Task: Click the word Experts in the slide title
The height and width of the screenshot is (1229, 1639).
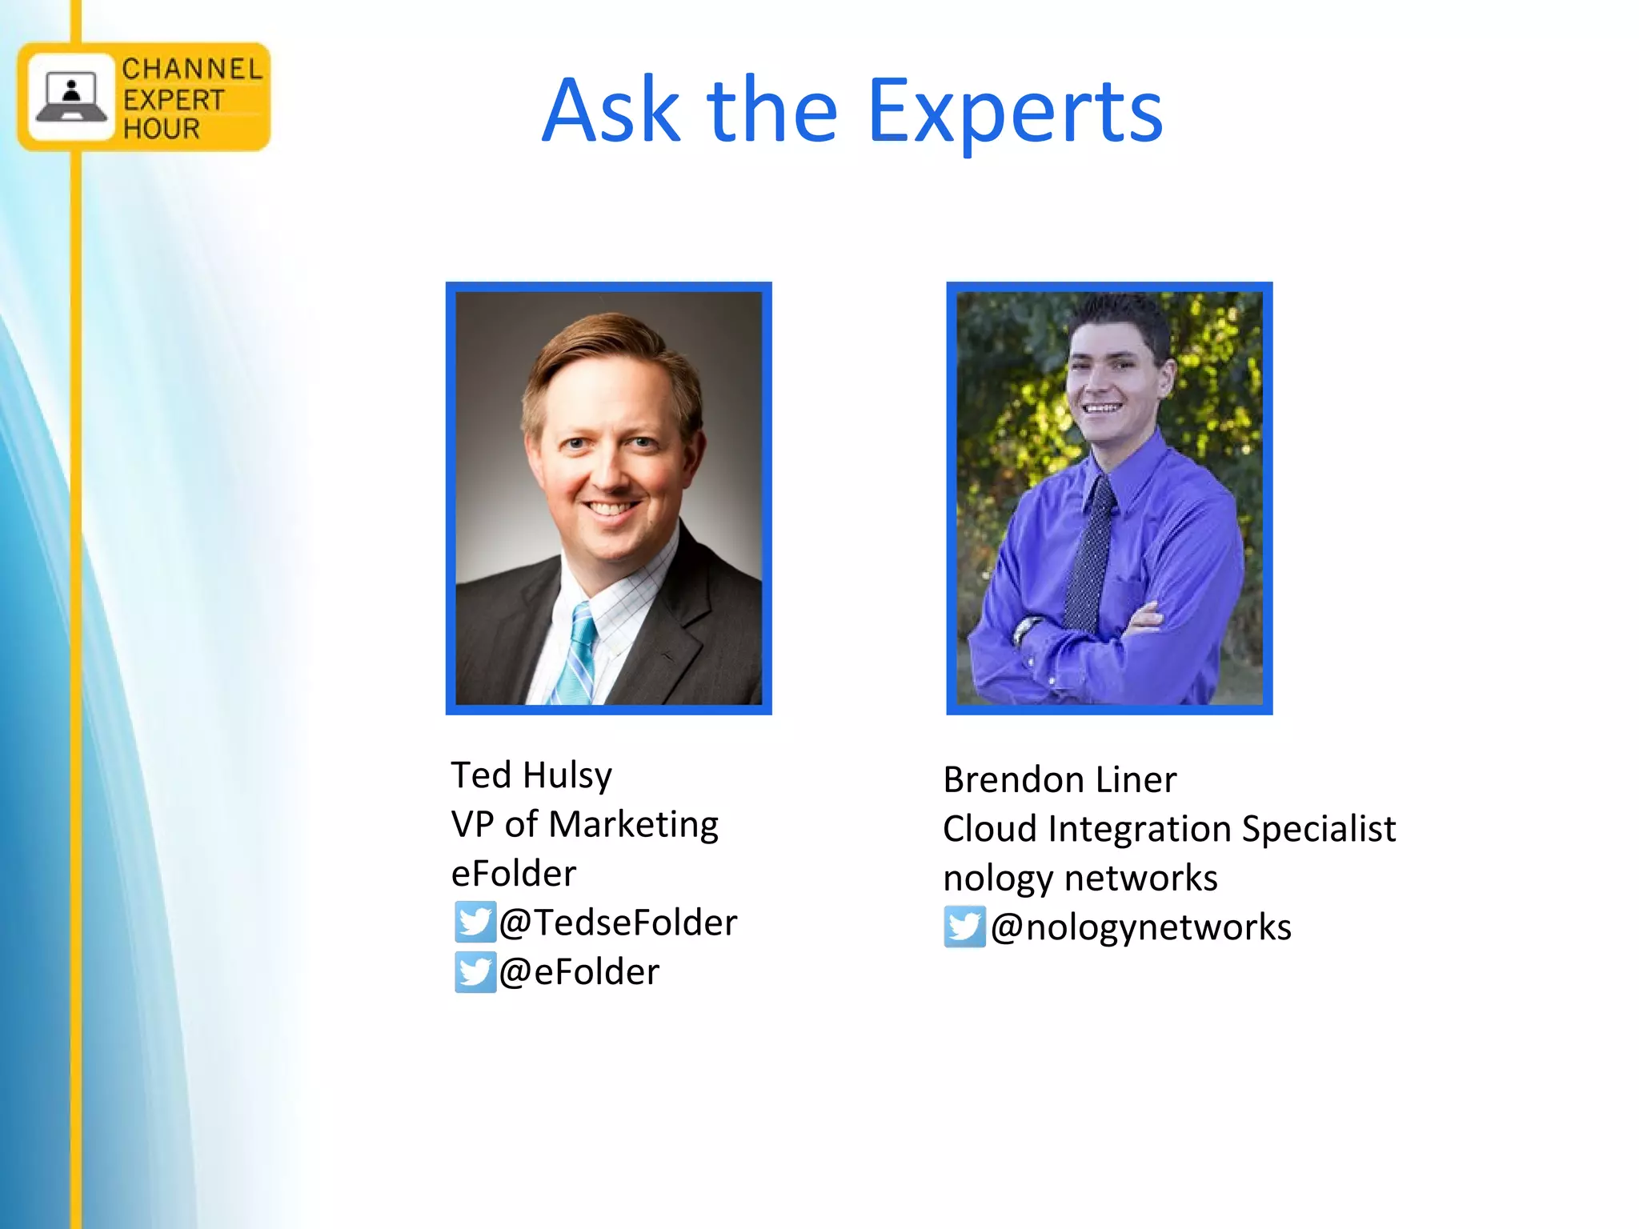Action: [x=1014, y=111]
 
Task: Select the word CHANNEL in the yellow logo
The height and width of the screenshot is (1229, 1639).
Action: [x=192, y=70]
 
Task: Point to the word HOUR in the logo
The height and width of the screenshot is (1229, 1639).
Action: [x=161, y=128]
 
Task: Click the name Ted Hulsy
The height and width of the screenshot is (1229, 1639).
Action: [x=531, y=775]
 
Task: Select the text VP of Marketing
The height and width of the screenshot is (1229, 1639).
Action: [x=584, y=824]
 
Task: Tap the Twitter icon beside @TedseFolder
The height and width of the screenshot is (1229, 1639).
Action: [x=475, y=922]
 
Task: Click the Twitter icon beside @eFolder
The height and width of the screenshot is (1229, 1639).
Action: [x=475, y=971]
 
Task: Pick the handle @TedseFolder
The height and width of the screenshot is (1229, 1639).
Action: [x=618, y=923]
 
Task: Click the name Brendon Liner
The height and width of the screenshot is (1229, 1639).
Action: [x=1060, y=779]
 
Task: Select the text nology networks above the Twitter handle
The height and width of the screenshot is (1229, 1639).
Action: [x=1080, y=878]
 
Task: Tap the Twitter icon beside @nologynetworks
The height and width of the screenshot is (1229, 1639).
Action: [x=964, y=927]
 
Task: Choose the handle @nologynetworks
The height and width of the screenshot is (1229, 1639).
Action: [x=1140, y=927]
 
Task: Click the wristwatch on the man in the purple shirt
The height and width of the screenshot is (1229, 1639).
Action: [x=1024, y=630]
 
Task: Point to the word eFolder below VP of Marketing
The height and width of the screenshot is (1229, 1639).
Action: [x=513, y=873]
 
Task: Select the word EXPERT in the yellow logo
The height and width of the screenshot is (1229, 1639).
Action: [x=174, y=100]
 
